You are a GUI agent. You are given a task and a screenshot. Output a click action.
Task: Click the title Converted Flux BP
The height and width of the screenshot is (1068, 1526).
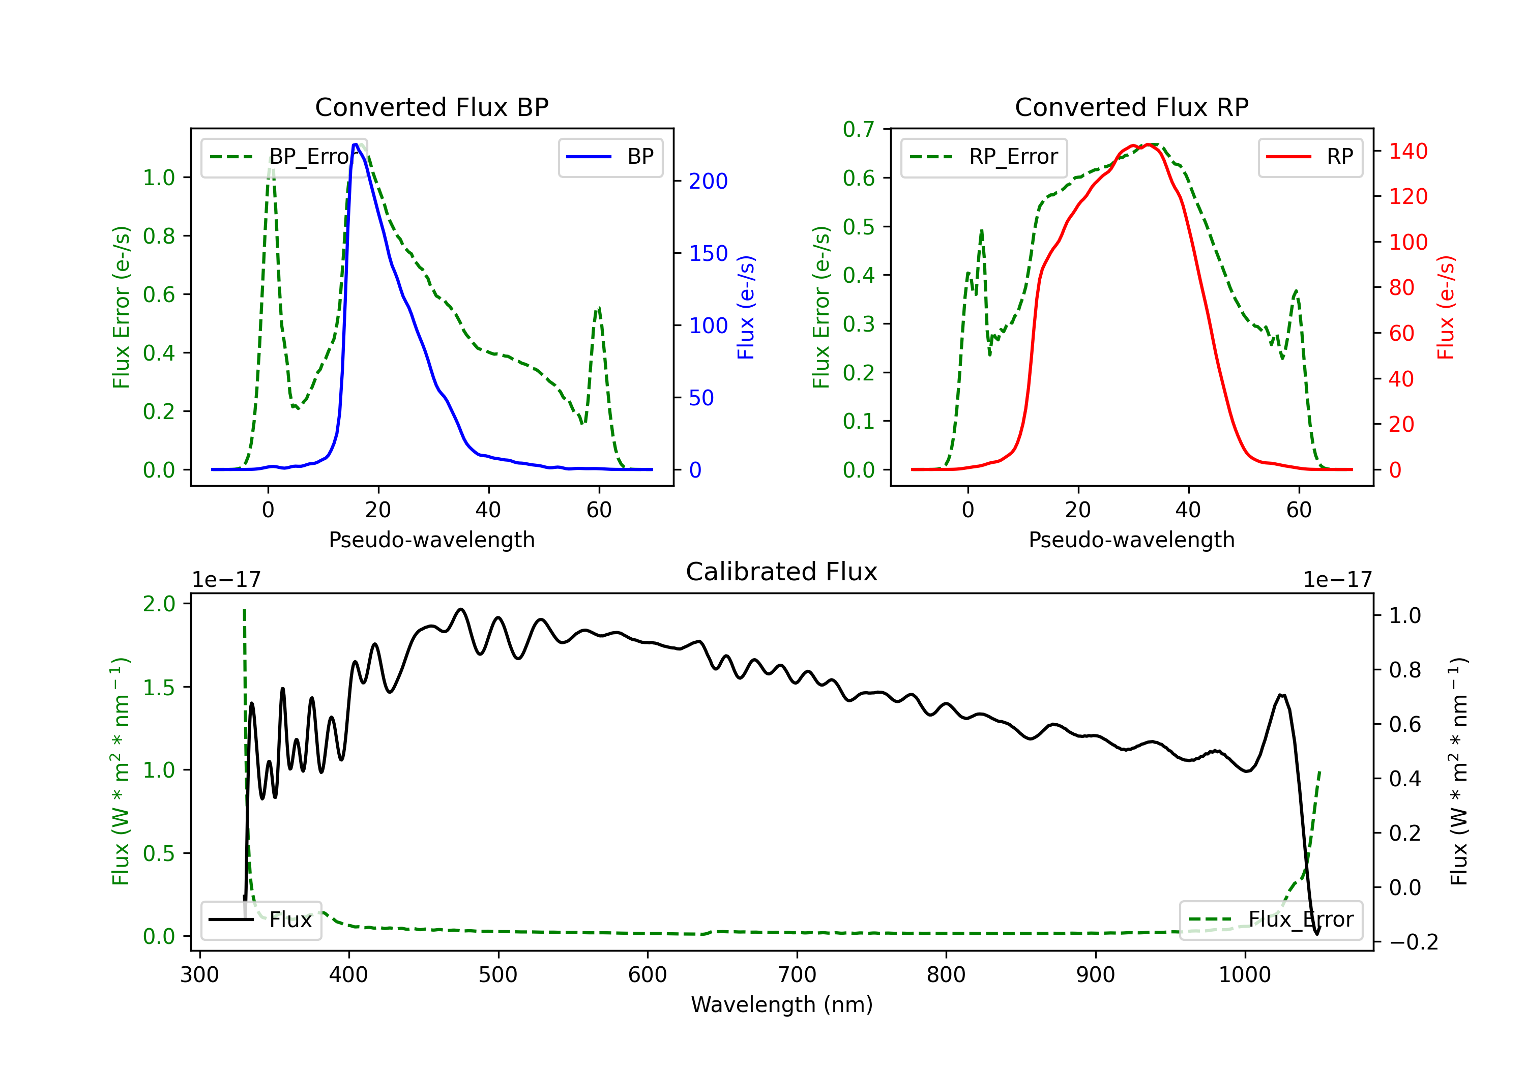click(431, 107)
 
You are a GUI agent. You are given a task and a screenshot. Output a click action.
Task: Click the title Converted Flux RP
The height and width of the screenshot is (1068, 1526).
click(1131, 107)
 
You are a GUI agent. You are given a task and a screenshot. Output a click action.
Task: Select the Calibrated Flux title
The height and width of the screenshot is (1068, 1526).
click(782, 572)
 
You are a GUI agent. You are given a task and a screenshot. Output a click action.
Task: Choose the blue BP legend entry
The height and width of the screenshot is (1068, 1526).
click(610, 157)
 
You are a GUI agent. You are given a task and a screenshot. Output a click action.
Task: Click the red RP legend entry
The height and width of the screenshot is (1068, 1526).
click(1310, 157)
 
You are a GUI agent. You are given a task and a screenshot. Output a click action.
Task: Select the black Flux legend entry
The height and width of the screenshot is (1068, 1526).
click(260, 920)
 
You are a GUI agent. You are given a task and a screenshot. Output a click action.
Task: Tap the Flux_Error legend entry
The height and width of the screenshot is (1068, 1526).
click(1270, 920)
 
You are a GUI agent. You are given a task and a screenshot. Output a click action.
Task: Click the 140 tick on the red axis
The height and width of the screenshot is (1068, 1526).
click(1407, 151)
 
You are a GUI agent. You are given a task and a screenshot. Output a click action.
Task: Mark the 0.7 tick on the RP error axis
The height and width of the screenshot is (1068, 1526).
click(859, 129)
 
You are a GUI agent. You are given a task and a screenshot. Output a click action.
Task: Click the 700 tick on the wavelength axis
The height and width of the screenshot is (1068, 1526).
click(797, 975)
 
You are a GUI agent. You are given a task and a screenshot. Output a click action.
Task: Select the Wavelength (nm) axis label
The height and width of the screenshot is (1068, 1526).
click(782, 1005)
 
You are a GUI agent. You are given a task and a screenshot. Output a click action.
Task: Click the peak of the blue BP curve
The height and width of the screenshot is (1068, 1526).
click(356, 144)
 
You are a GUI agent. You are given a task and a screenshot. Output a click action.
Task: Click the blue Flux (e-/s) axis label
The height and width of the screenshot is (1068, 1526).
click(746, 308)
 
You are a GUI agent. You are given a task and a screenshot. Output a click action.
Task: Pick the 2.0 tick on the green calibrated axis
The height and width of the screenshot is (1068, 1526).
click(159, 604)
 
